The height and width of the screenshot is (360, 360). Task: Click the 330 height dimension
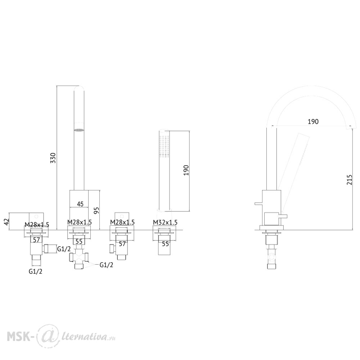(x=53, y=158)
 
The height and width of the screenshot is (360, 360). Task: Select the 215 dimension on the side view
(x=349, y=180)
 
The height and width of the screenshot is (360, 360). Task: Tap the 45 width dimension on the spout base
(x=80, y=204)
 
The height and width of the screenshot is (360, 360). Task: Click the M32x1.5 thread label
(x=165, y=222)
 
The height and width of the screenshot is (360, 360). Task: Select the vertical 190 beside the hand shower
(x=186, y=170)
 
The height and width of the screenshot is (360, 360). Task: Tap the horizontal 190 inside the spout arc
(x=313, y=121)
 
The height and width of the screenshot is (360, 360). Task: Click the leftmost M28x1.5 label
(x=37, y=224)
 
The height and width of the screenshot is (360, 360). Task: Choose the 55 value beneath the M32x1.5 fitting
(x=165, y=244)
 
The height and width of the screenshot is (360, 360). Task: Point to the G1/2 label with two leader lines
(x=107, y=265)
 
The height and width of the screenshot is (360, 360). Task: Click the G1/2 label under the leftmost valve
(x=36, y=271)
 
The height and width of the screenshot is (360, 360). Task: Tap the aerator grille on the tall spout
(x=79, y=130)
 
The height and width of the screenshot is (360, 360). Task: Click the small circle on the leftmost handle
(x=36, y=216)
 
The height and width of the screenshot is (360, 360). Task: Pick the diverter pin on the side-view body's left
(x=258, y=203)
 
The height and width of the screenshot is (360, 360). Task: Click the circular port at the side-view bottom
(x=272, y=257)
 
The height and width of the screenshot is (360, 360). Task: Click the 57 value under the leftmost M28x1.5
(x=37, y=240)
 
